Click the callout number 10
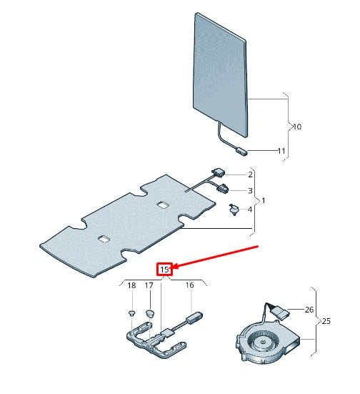[297, 127]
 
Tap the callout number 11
[281, 151]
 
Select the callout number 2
[251, 174]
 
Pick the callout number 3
[251, 190]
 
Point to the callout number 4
[249, 210]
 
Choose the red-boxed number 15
[164, 270]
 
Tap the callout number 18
[131, 286]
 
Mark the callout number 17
[149, 286]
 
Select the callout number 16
[189, 286]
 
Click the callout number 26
[309, 310]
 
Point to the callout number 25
[326, 322]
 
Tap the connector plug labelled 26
[280, 312]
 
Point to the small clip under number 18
[131, 314]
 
